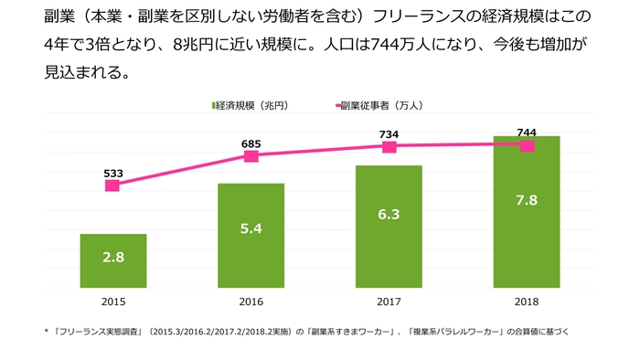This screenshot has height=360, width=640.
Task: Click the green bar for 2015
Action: pos(113,261)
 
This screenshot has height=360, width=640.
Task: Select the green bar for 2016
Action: pos(251,236)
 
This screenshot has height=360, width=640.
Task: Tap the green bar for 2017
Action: pos(389,227)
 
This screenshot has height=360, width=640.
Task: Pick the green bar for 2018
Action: pos(526,212)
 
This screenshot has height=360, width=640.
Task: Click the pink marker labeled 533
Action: pos(112,185)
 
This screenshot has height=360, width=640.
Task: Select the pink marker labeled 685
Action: pos(251,156)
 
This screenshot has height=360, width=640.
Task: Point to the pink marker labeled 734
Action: pos(389,146)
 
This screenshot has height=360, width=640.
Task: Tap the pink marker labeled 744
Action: pos(526,145)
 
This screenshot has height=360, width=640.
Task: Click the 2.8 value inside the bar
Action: pos(113,258)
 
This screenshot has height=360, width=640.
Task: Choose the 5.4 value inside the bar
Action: pos(251,228)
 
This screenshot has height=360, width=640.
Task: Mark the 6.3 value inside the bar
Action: pos(389,215)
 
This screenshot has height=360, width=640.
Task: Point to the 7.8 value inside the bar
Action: pos(526,201)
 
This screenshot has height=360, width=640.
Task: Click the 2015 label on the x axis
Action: pos(113,301)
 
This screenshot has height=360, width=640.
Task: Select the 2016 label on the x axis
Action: pos(251,301)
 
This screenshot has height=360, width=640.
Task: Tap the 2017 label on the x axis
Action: pos(389,301)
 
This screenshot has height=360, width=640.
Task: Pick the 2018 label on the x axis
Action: pos(526,301)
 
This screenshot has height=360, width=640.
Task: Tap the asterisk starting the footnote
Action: pos(46,332)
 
